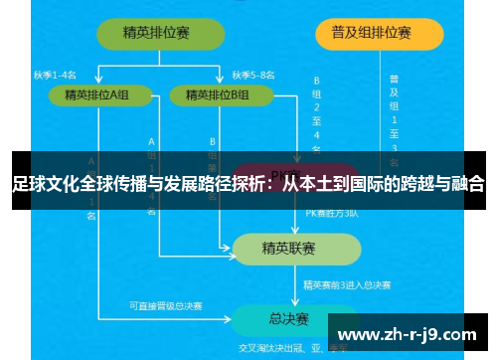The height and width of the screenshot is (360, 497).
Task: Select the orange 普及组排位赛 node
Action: pyautogui.click(x=364, y=32)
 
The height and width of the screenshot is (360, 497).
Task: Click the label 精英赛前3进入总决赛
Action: pyautogui.click(x=346, y=284)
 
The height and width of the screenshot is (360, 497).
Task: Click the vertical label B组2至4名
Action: pyautogui.click(x=317, y=112)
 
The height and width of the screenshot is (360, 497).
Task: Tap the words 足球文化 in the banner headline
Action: pyautogui.click(x=44, y=183)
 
